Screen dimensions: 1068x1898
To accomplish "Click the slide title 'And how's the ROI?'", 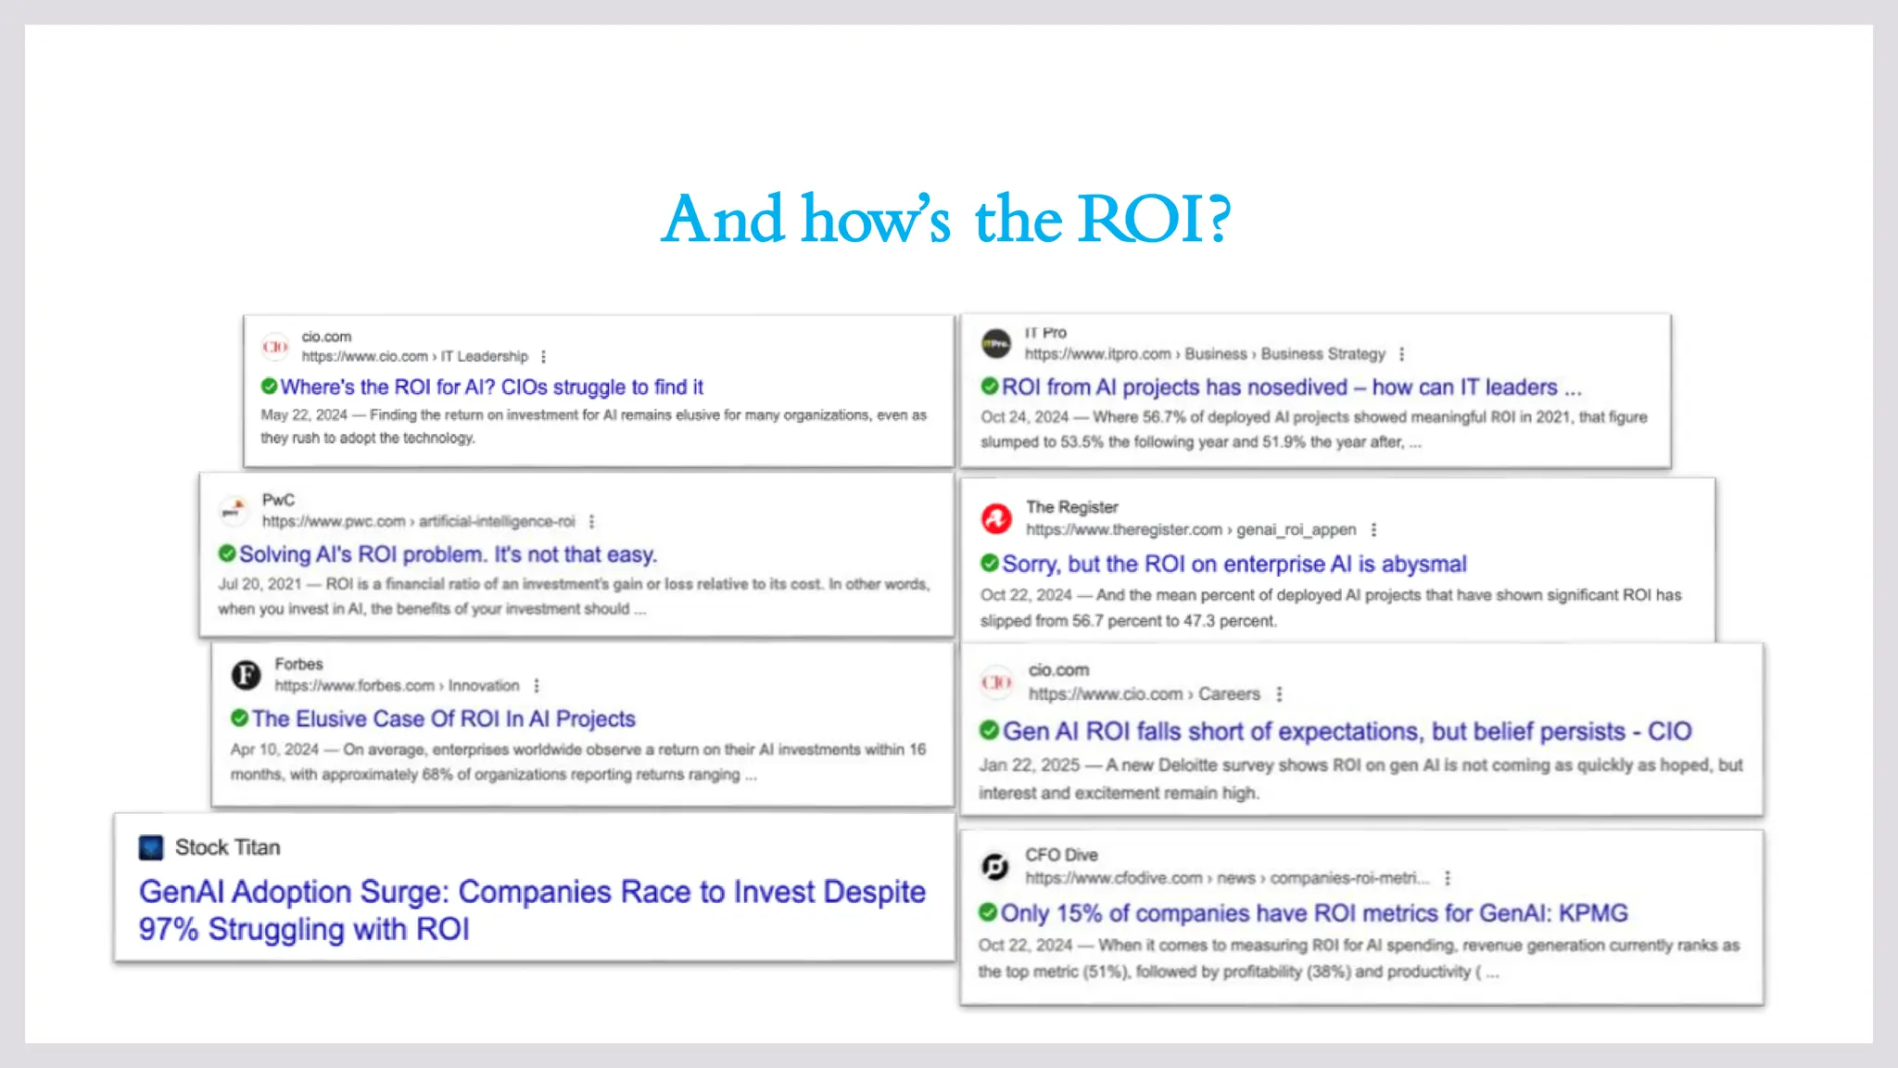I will point(946,220).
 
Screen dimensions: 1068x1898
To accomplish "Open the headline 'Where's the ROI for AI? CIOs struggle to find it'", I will point(491,387).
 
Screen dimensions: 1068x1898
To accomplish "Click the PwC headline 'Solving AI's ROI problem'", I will point(448,554).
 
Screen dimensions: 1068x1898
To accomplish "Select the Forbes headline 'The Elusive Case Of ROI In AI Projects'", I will point(443,718).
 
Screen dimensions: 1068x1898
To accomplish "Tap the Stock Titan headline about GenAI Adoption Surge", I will point(532,909).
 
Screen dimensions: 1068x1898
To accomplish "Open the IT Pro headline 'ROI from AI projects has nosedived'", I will point(1291,387).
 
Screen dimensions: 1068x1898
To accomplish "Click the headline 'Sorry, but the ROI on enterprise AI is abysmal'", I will point(1234,564).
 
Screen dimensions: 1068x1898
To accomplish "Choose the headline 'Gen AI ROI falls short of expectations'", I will point(1347,731).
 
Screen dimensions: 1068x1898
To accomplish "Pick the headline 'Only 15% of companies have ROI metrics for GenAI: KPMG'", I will point(1314,913).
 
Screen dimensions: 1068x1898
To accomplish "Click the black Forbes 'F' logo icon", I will point(246,675).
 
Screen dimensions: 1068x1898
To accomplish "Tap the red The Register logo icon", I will point(996,518).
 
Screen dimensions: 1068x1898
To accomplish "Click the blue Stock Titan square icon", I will point(150,847).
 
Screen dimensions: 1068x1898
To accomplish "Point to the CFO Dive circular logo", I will point(994,866).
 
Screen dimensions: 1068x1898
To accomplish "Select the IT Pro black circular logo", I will point(996,343).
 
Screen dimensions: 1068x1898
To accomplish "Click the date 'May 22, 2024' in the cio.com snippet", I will point(304,415).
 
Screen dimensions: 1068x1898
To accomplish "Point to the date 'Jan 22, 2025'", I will point(1029,765).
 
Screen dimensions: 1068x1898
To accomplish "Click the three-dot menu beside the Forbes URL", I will point(537,686).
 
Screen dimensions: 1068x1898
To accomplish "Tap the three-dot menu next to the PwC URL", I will point(591,521).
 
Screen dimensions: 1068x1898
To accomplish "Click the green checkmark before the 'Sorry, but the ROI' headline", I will point(990,563).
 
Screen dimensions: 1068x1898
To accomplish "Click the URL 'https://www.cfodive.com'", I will point(1113,878).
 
